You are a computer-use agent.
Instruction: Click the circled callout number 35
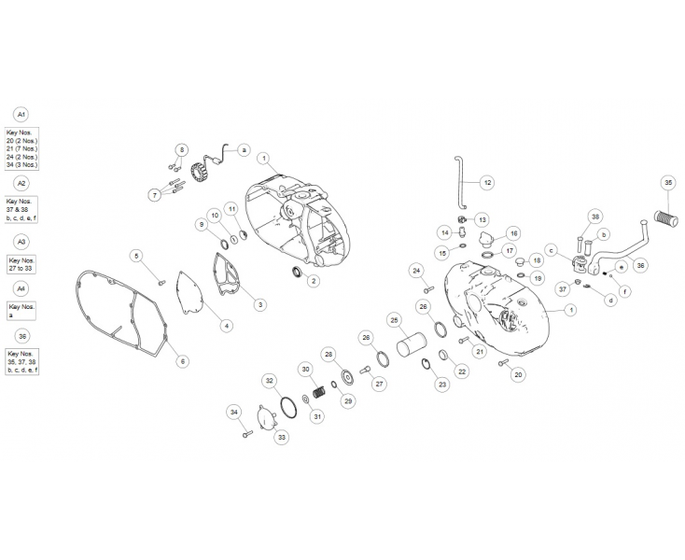(x=668, y=183)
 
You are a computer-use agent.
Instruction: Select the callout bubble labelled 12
(x=487, y=182)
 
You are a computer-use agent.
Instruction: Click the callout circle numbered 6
(x=182, y=361)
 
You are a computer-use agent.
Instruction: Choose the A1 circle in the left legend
(x=21, y=114)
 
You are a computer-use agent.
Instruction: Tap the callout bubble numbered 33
(x=280, y=436)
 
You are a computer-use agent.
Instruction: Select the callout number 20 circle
(x=519, y=374)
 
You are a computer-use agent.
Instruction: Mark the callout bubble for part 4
(x=226, y=325)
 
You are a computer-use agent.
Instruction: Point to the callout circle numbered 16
(x=513, y=232)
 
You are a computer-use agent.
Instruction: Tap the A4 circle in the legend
(x=21, y=289)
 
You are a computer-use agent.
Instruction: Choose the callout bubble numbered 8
(x=181, y=149)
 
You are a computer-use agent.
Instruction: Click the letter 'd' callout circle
(x=611, y=300)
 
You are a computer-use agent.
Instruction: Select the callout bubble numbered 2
(x=314, y=280)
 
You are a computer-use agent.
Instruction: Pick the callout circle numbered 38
(x=595, y=217)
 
